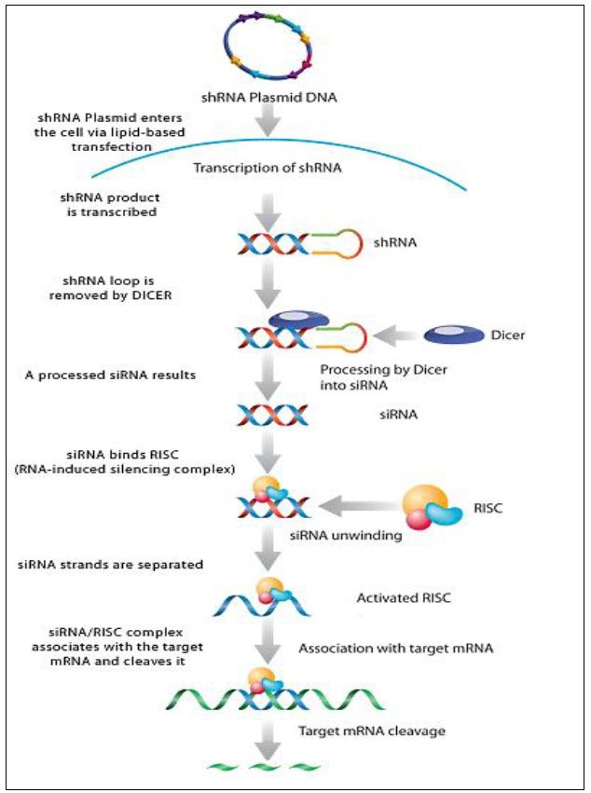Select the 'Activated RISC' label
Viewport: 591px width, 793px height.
404,597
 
